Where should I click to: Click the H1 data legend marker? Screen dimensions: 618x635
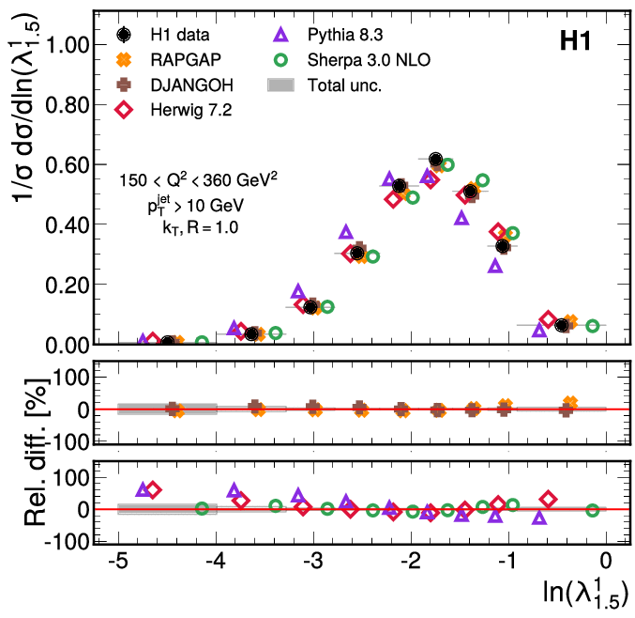click(124, 35)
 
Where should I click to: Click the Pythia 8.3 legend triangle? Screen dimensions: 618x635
click(280, 35)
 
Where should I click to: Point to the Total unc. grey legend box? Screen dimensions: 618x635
click(280, 85)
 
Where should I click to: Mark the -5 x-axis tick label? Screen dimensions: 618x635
click(115, 561)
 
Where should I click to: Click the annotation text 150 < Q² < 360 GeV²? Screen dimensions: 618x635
click(198, 178)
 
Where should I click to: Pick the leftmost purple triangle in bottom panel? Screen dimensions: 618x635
click(144, 489)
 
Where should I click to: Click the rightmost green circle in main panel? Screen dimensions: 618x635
click(593, 326)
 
